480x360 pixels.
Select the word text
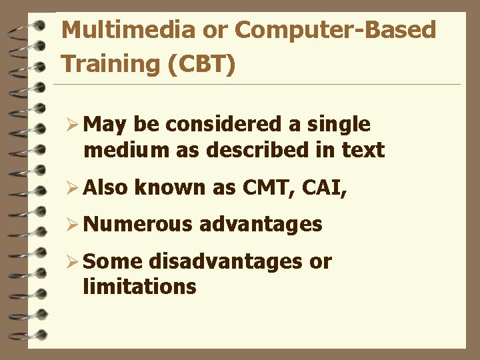pyautogui.click(x=363, y=151)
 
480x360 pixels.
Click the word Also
pyautogui.click(x=107, y=187)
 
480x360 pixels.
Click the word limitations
pyautogui.click(x=140, y=287)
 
